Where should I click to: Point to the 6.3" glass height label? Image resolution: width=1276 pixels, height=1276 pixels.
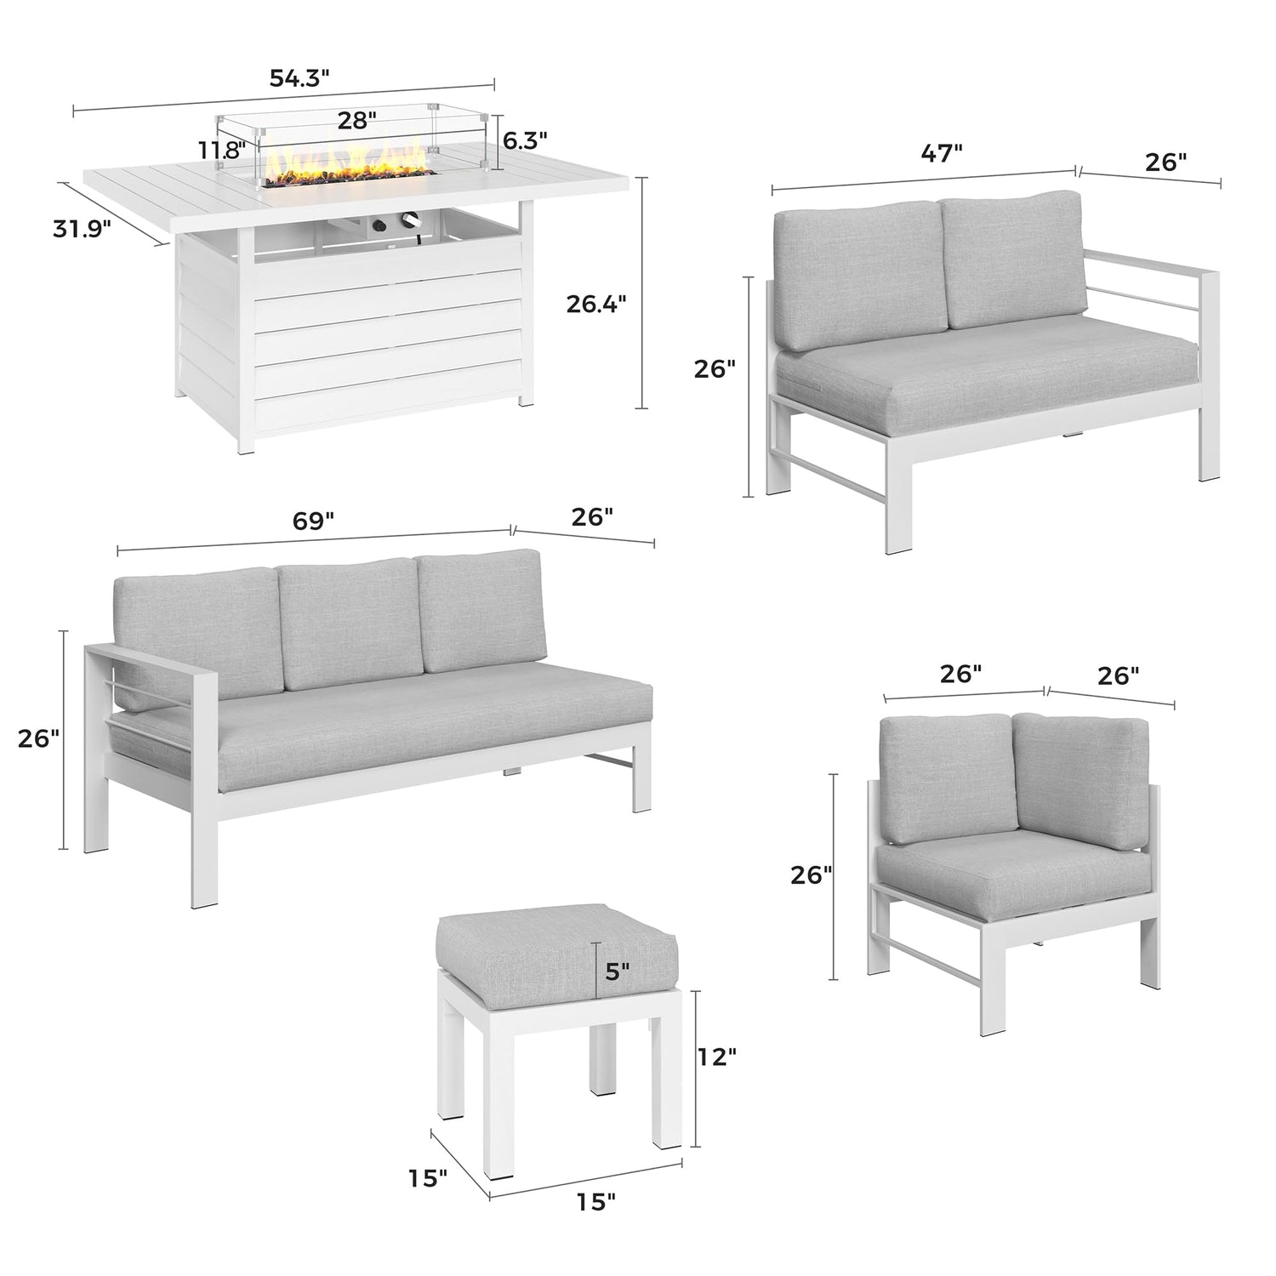(525, 140)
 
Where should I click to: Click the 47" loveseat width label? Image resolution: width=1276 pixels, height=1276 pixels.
(942, 153)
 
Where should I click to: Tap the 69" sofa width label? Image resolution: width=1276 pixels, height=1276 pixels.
(314, 521)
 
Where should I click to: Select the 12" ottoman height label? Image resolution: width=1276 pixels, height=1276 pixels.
(715, 1057)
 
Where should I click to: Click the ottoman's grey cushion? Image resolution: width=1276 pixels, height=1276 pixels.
(556, 952)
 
